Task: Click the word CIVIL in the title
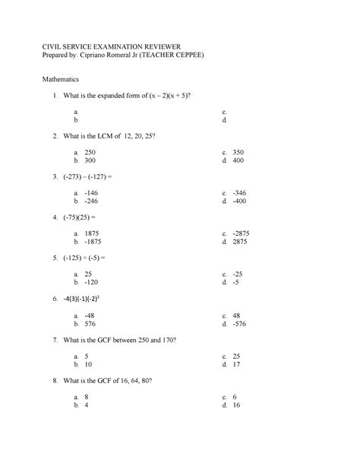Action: point(55,44)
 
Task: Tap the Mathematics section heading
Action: point(66,78)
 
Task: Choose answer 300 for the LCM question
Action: point(90,161)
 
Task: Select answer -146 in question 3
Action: point(92,192)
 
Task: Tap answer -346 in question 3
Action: point(241,192)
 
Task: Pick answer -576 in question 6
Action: point(241,322)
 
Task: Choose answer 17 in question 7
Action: point(238,363)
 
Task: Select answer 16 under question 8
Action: point(238,404)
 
